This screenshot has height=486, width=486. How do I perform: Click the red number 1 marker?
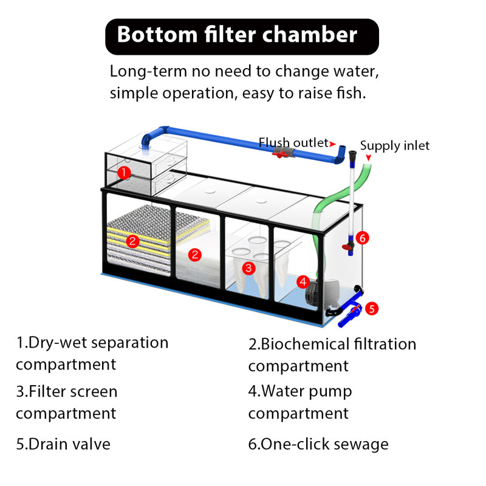click(x=124, y=173)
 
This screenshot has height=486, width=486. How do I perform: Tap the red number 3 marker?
click(x=248, y=268)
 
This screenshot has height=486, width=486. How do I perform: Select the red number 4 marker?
click(x=303, y=282)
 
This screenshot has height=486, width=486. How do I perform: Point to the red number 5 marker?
click(x=372, y=309)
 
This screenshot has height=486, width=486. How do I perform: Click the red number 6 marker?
click(x=362, y=238)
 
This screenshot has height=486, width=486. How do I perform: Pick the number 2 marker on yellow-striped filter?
click(x=132, y=241)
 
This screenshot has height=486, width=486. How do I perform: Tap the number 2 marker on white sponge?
click(x=194, y=255)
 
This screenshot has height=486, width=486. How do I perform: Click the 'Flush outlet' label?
click(x=293, y=143)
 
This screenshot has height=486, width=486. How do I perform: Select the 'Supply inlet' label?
click(x=394, y=146)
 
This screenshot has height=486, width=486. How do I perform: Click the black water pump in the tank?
click(x=320, y=292)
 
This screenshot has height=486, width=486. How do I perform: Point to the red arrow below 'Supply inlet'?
click(x=368, y=157)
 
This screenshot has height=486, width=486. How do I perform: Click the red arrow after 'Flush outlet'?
click(x=332, y=144)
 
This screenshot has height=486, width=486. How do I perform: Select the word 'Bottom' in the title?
click(x=157, y=35)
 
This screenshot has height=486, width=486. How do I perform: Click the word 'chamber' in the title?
click(x=310, y=34)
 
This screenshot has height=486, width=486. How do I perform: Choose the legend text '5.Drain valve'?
click(x=63, y=444)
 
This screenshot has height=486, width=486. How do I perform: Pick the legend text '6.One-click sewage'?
click(x=318, y=445)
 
